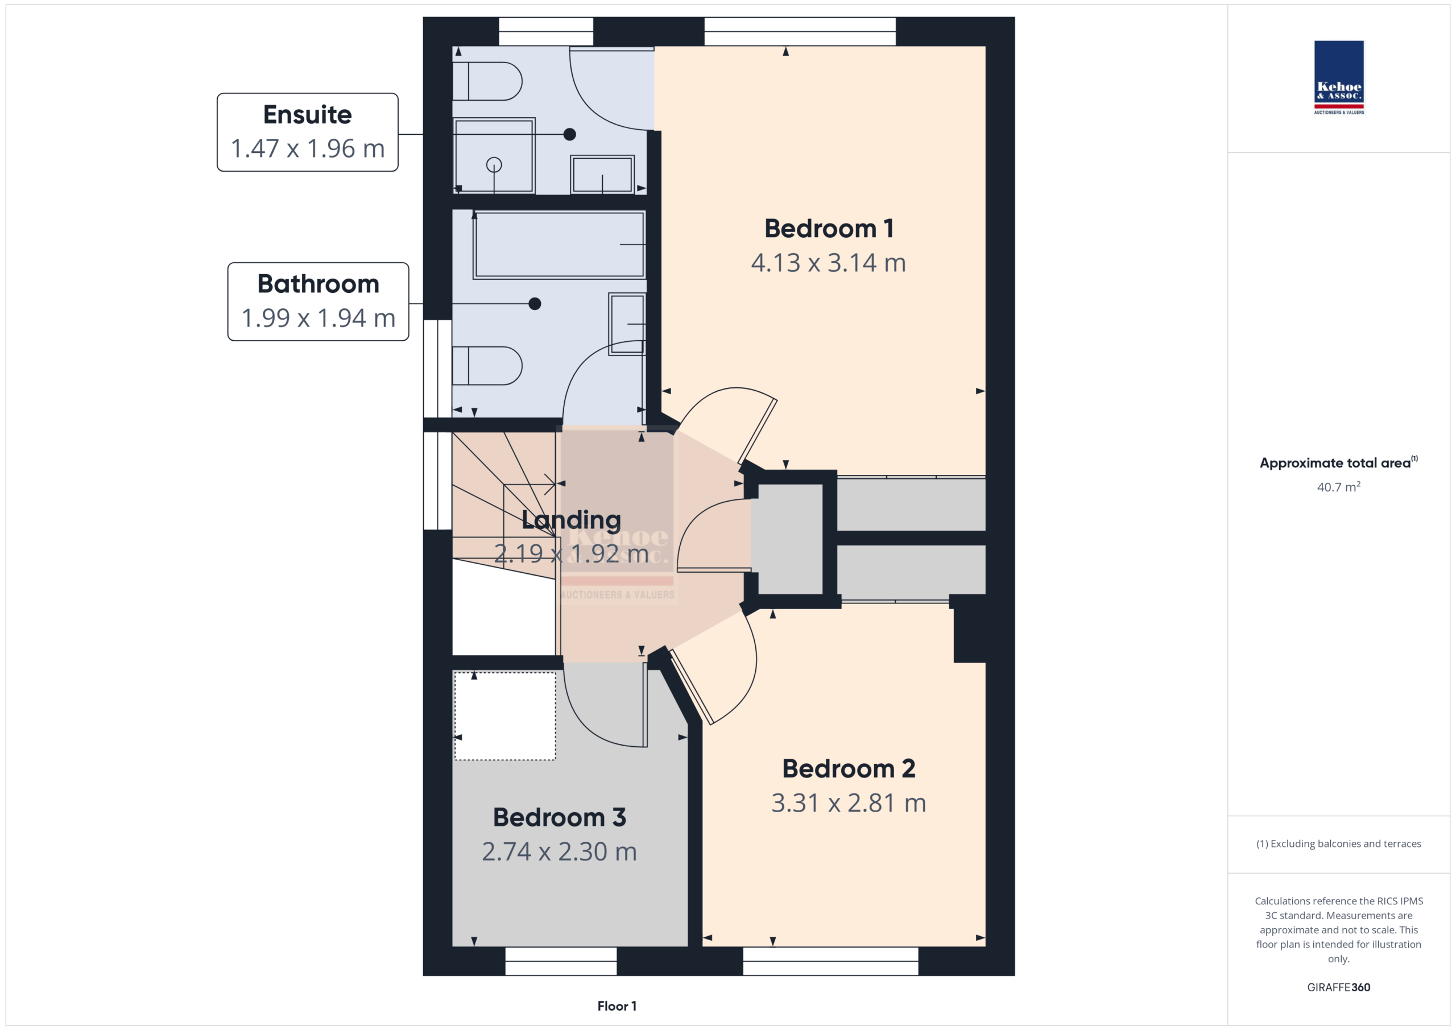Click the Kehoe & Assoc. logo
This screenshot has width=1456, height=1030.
click(1339, 77)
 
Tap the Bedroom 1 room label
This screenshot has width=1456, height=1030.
click(829, 228)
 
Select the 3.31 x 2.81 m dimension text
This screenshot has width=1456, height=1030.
click(849, 803)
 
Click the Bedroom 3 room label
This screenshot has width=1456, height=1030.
click(559, 817)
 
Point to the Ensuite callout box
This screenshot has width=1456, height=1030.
click(308, 132)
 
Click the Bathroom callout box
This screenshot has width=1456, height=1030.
click(318, 301)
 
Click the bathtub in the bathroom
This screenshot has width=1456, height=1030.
click(559, 245)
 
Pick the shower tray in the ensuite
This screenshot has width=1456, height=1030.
click(494, 155)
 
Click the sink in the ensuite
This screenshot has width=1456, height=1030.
click(602, 174)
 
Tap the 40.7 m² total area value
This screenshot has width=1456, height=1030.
click(1339, 486)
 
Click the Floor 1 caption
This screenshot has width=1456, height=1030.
click(617, 1006)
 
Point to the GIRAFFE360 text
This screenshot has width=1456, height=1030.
click(1339, 987)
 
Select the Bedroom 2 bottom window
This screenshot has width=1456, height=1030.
click(831, 961)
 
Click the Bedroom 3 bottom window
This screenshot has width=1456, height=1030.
click(561, 961)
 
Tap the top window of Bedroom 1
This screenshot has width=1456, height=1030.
click(800, 31)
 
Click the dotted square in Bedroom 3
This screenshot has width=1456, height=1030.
click(506, 716)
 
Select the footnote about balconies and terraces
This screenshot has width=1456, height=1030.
click(1339, 843)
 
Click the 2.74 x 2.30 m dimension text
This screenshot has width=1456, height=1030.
click(559, 851)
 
